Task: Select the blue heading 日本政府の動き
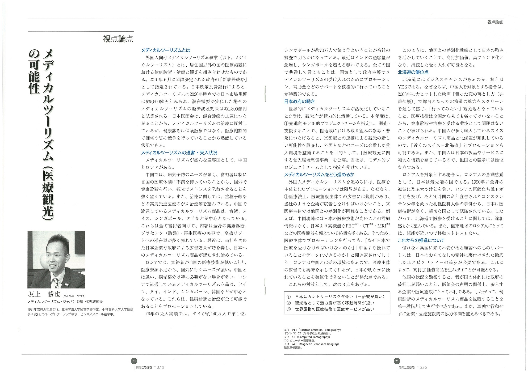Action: pyautogui.click(x=299, y=101)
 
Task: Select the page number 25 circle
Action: pyautogui.click(x=397, y=361)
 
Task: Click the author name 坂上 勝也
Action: pyautogui.click(x=44, y=294)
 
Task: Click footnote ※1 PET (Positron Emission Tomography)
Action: pyautogui.click(x=312, y=330)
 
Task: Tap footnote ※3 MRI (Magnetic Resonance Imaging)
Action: pyautogui.click(x=311, y=344)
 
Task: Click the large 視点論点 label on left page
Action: pyautogui.click(x=118, y=39)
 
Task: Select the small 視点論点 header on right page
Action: pyautogui.click(x=495, y=22)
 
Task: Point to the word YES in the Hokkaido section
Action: pyautogui.click(x=403, y=87)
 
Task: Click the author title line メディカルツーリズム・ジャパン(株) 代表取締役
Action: pyautogui.click(x=65, y=302)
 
